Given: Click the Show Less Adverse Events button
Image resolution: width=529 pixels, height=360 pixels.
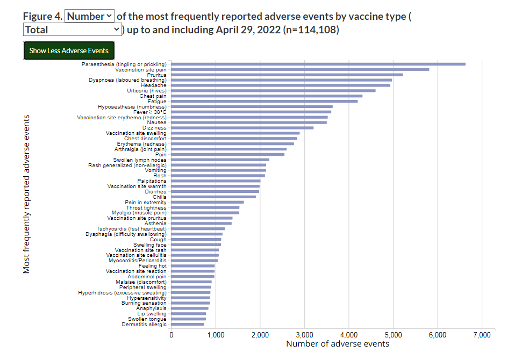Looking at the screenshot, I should (x=69, y=51).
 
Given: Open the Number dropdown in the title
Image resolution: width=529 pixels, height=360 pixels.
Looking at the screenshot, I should (x=90, y=16).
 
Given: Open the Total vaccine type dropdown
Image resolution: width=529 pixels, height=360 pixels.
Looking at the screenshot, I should (x=73, y=30).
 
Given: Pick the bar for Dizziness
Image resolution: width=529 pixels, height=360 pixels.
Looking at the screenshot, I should (x=242, y=128).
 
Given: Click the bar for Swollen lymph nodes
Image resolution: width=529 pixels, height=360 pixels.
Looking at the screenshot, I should (x=220, y=160).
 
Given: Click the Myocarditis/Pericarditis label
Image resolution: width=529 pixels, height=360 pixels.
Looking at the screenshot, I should (x=138, y=261).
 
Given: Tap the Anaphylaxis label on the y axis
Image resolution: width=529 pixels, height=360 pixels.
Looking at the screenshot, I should (x=151, y=308).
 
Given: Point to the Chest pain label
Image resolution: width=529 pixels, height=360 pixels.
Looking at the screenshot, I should (x=153, y=96).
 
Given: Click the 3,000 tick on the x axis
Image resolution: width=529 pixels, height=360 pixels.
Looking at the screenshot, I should (x=304, y=335).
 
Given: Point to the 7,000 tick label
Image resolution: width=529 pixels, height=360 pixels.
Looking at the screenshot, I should (x=481, y=335).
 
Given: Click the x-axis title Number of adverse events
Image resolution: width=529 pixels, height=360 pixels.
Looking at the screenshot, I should (x=337, y=344).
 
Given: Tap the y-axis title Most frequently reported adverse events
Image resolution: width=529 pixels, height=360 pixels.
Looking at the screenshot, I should (x=26, y=193).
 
